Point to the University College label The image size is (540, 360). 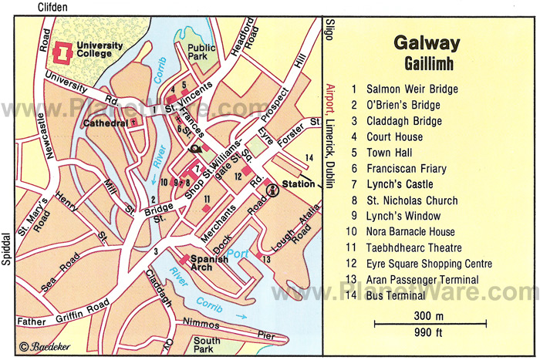pyautogui.click(x=100, y=50)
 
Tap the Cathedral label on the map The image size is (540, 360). pyautogui.click(x=104, y=123)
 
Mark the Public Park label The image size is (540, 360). pyautogui.click(x=201, y=52)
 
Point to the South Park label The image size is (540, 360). pyautogui.click(x=208, y=345)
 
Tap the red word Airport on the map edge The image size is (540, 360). pyautogui.click(x=329, y=99)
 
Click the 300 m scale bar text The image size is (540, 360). pyautogui.click(x=430, y=315)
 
